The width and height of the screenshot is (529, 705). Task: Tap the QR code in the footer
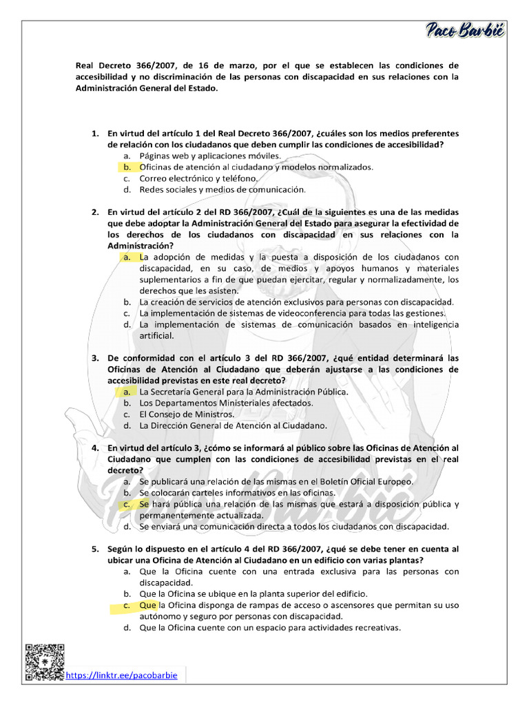point(45,662)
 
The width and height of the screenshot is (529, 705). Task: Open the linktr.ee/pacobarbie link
point(121,675)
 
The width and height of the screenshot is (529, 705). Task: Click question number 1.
point(96,133)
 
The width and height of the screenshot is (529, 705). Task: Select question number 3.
point(96,358)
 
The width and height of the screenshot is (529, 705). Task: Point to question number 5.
point(96,549)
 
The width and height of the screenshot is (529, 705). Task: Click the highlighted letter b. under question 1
point(127,167)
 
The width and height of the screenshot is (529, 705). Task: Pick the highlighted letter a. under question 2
point(127,257)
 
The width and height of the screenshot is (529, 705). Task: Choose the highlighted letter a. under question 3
point(127,392)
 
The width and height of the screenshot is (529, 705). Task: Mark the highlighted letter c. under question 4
point(127,504)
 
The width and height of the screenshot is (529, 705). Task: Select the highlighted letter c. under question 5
point(127,605)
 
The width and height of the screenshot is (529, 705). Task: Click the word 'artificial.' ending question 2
point(156,336)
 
